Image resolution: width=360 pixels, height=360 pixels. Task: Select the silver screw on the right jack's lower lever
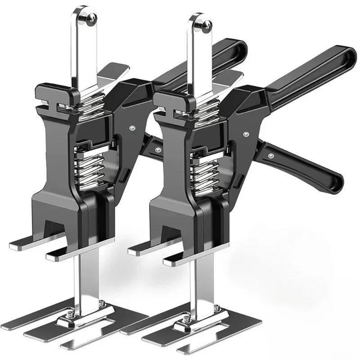click(x=271, y=155)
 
